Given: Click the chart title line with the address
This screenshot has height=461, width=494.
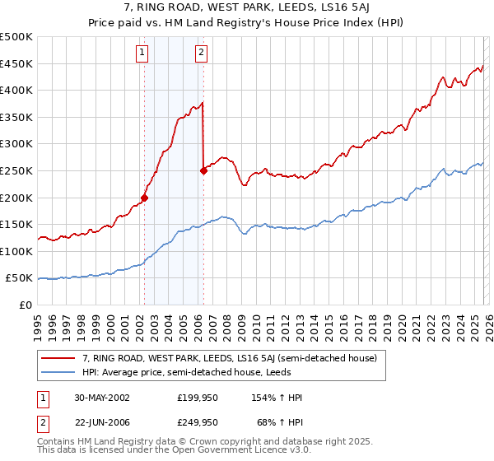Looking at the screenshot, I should click(x=246, y=8).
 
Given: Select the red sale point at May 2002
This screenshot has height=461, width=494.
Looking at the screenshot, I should click(x=144, y=198).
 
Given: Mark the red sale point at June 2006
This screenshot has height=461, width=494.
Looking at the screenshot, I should click(x=203, y=170).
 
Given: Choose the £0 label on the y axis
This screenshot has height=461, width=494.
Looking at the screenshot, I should click(x=25, y=305).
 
